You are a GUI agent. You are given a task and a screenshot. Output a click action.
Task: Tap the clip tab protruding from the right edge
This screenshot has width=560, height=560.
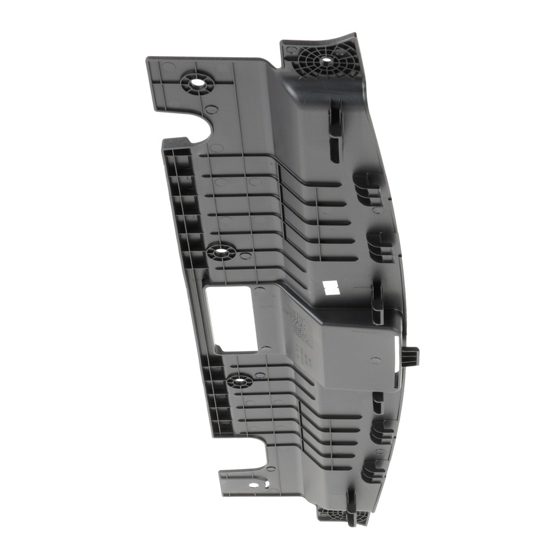pyautogui.click(x=411, y=355)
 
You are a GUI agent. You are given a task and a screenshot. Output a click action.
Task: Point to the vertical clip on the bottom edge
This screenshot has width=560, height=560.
pyautogui.click(x=351, y=506)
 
